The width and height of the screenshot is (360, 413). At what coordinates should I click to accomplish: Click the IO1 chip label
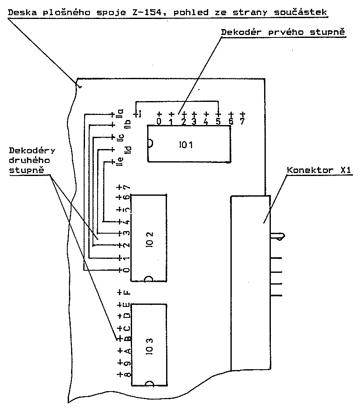point(185,145)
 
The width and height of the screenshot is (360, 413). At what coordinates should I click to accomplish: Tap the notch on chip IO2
point(148,279)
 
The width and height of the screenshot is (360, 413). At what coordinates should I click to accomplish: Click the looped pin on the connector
point(281,237)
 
